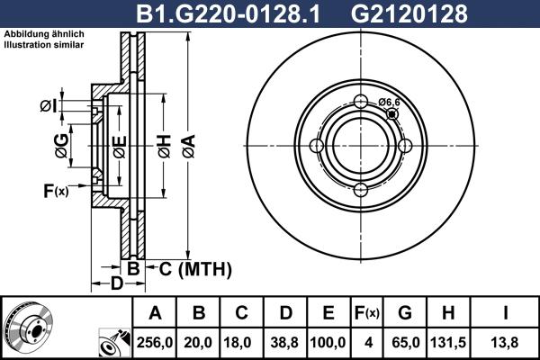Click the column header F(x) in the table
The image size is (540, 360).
click(367, 313)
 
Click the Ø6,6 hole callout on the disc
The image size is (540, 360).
click(389, 102)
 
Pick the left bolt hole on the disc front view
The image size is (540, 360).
click(318, 145)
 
